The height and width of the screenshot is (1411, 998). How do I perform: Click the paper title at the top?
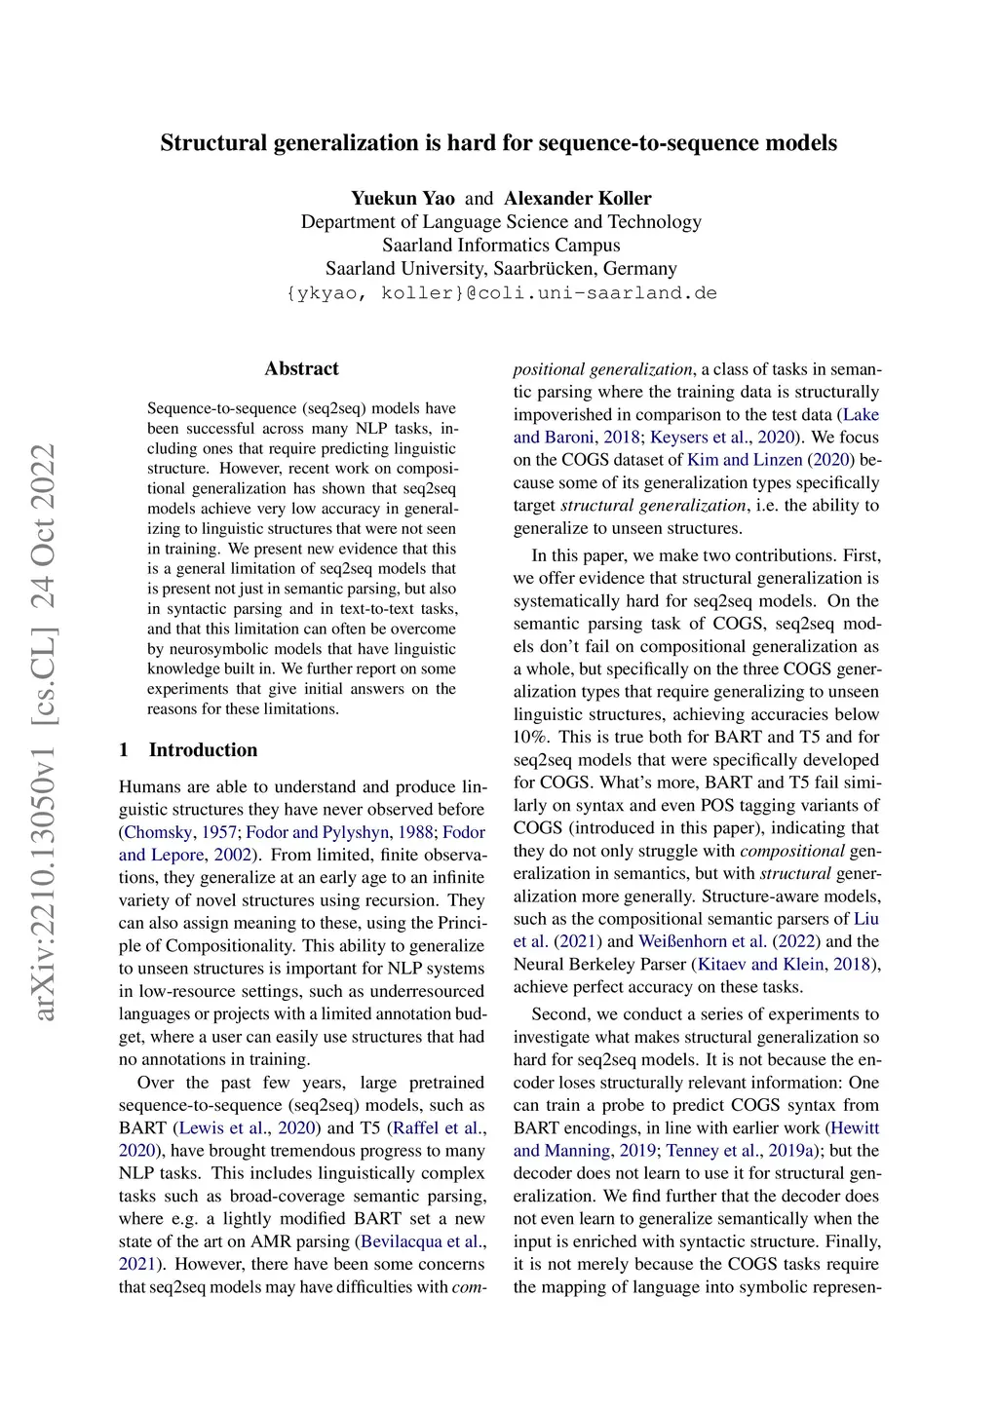[498, 143]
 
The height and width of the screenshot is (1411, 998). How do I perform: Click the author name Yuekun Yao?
[403, 198]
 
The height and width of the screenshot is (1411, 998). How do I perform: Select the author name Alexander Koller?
[577, 198]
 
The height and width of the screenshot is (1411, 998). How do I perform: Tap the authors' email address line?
[501, 292]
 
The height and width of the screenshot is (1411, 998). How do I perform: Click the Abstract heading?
[302, 368]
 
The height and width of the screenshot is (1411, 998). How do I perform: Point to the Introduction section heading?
[203, 749]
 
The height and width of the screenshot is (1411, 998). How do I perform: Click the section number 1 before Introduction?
[124, 749]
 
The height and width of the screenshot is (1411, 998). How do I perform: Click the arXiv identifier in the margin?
[45, 731]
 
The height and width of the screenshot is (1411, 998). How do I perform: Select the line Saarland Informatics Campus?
[501, 245]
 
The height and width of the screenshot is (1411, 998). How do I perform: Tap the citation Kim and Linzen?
[745, 460]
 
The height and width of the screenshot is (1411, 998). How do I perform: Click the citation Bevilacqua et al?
[419, 1241]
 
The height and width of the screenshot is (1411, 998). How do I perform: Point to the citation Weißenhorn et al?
[702, 941]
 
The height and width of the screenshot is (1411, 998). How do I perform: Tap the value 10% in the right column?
[531, 737]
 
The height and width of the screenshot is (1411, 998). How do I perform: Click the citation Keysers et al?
[702, 438]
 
